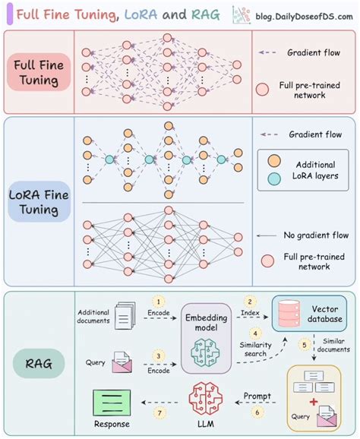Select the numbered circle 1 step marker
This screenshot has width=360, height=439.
click(157, 302)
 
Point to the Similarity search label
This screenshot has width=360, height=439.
click(255, 350)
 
